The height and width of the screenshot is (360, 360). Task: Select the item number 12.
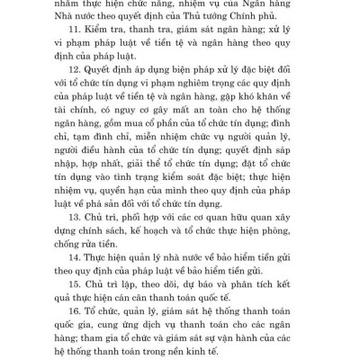(98, 94)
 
